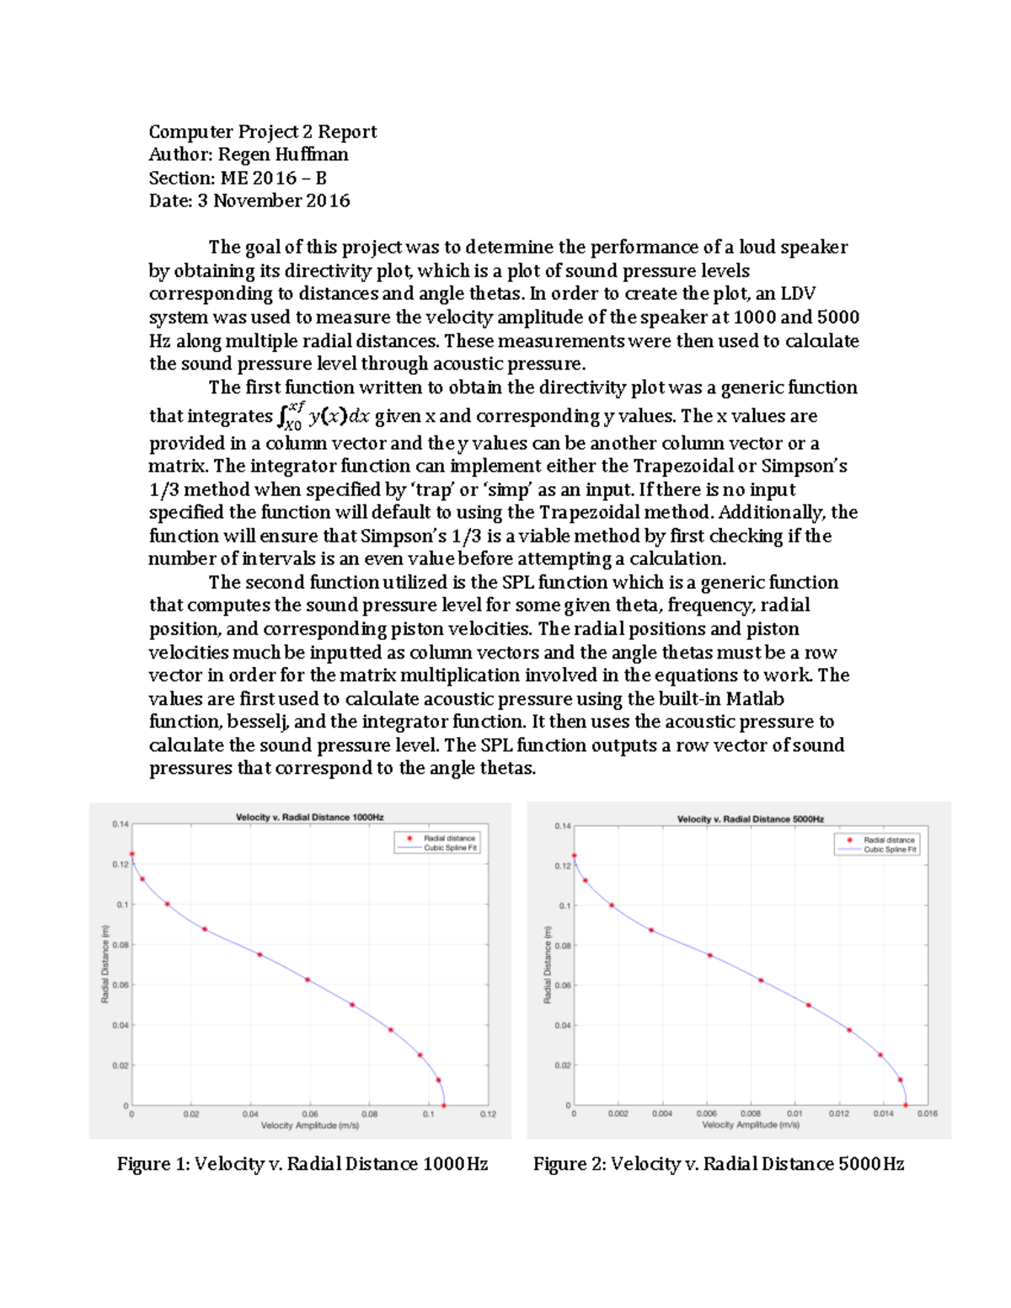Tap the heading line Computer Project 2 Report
[263, 131]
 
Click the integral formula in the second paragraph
[324, 415]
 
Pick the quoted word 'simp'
[508, 489]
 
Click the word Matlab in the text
[755, 699]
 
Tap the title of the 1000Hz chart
[309, 817]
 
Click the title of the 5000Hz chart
[751, 819]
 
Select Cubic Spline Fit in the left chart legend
[450, 848]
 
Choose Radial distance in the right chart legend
[889, 840]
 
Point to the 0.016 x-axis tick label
[927, 1113]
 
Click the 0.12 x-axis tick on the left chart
[488, 1113]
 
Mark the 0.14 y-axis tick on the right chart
[562, 826]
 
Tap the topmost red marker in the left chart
[131, 854]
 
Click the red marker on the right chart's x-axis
[906, 1105]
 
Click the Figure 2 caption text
[718, 1164]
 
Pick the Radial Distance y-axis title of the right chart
[548, 964]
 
